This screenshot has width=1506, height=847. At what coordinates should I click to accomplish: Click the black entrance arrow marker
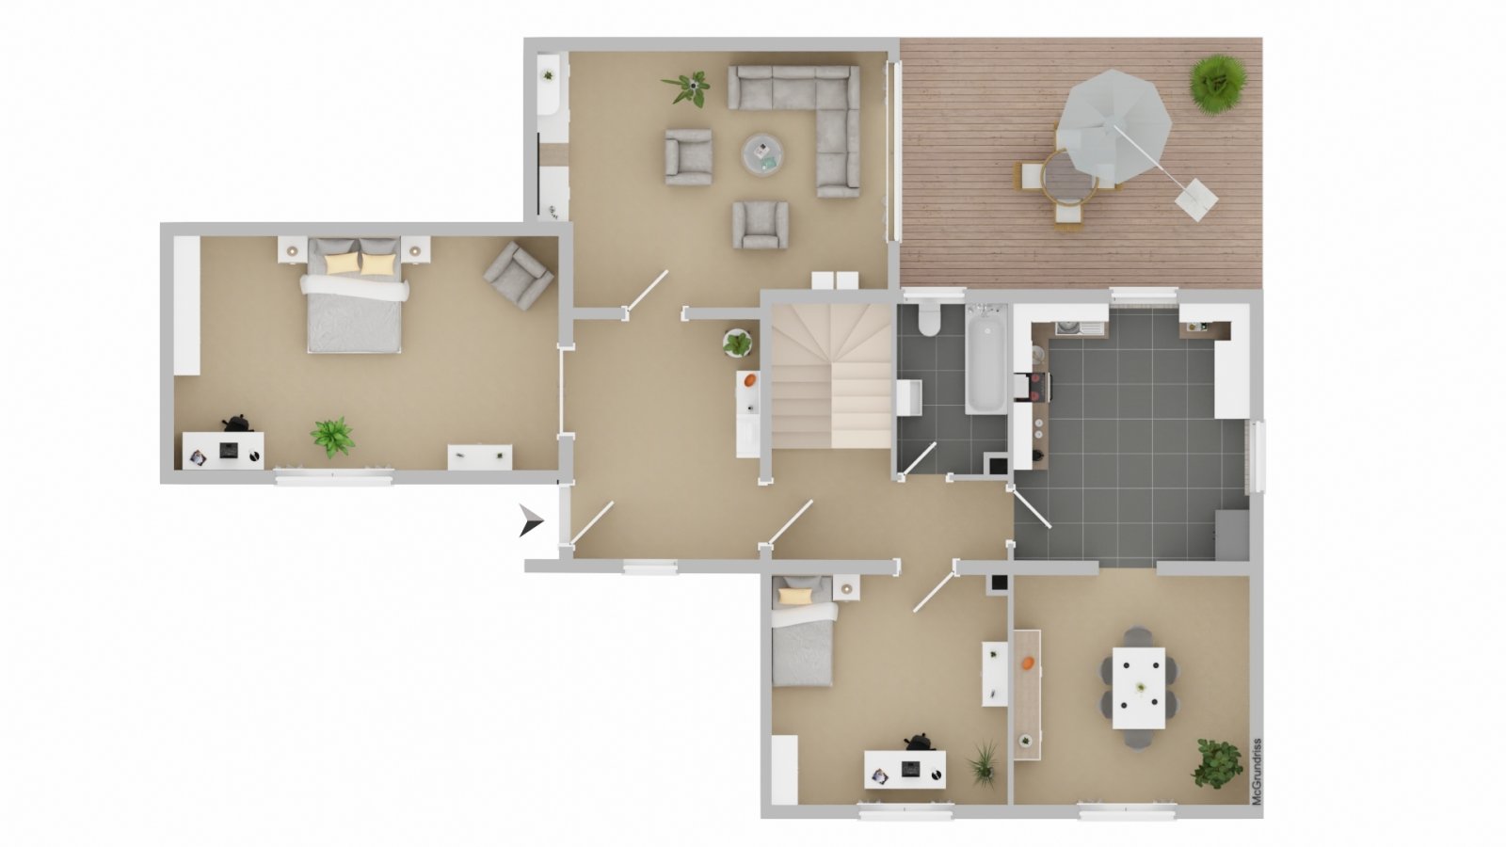click(530, 520)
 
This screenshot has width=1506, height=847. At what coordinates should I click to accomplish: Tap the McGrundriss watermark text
click(1257, 772)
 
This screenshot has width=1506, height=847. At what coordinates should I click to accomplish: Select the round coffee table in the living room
click(762, 154)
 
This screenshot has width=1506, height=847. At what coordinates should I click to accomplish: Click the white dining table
click(1138, 688)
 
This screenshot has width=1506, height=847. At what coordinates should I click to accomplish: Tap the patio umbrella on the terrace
click(1114, 127)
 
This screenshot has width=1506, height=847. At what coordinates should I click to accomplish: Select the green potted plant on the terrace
click(1218, 84)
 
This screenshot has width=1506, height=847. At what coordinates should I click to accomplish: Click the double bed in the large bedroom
click(354, 295)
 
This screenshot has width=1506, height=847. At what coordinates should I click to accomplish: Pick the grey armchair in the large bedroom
click(519, 276)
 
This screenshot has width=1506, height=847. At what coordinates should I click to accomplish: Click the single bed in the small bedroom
click(805, 631)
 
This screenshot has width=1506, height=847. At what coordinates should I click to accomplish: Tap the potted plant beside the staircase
click(738, 343)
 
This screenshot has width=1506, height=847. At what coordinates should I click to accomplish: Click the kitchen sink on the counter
click(1067, 328)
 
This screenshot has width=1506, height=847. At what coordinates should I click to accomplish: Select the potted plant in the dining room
click(1218, 763)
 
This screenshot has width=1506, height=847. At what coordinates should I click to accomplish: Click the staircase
click(832, 376)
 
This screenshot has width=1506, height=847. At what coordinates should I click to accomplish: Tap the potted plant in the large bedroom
click(332, 437)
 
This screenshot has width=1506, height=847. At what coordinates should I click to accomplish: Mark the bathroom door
click(919, 459)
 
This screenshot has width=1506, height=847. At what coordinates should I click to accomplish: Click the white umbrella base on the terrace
click(1196, 199)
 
